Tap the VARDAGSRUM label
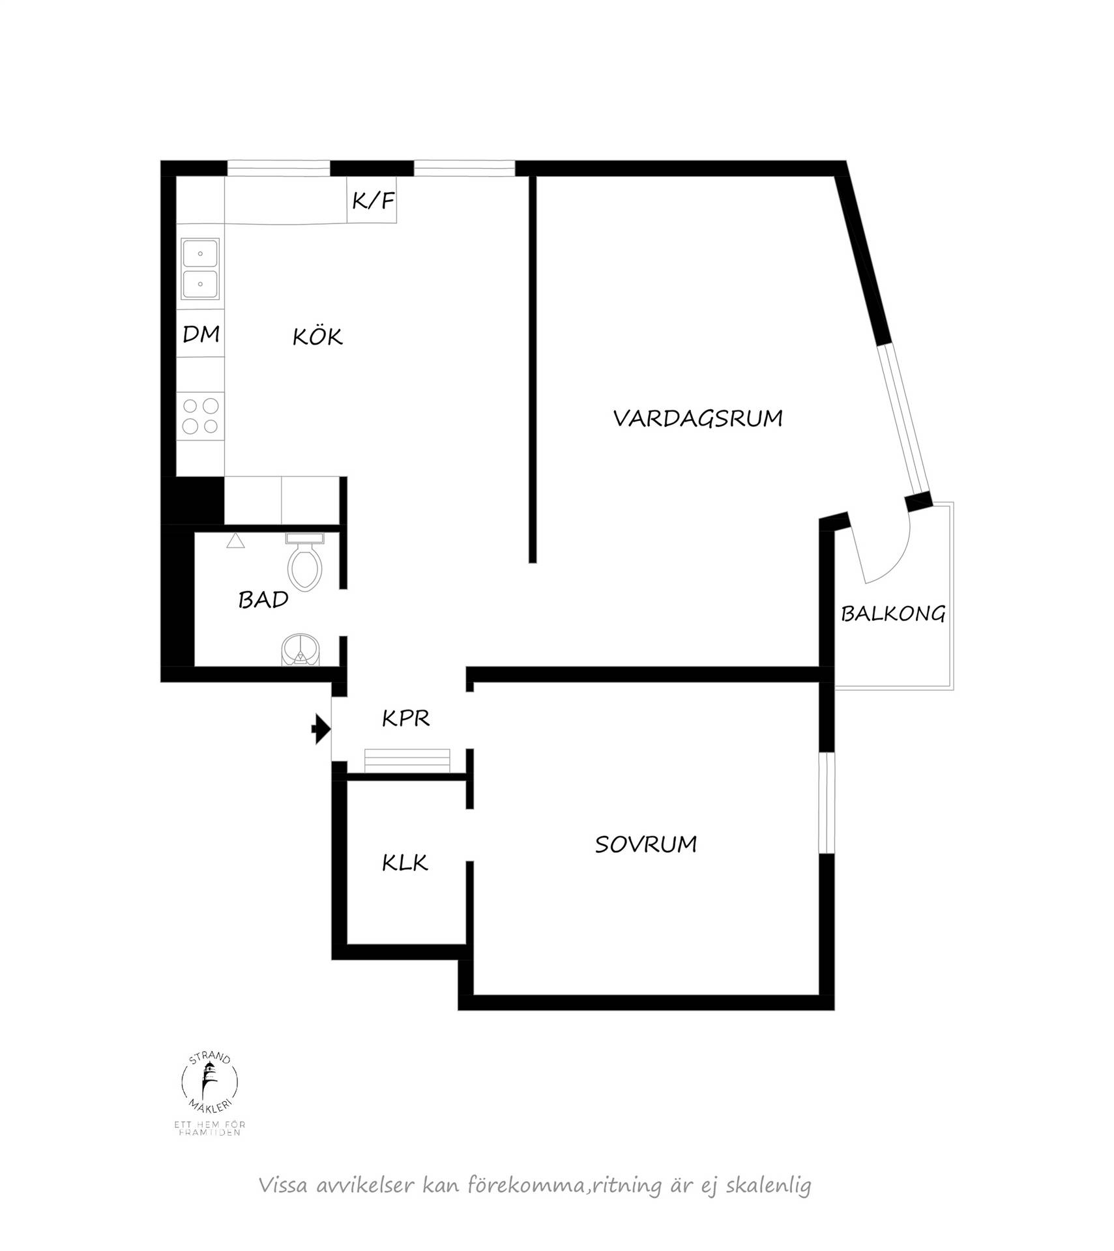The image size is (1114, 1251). point(697,418)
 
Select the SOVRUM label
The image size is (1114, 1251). point(645,844)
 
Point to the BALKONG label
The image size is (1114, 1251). point(892,613)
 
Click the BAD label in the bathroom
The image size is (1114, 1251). point(263,599)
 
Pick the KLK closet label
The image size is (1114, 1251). point(405,863)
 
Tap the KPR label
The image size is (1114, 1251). point(405,718)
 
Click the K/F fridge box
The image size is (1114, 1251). point(372,199)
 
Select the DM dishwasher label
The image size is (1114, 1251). point(201,334)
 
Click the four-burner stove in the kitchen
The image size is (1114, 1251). point(200,416)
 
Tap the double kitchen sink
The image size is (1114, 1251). point(200,268)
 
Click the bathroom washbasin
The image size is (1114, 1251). point(300,650)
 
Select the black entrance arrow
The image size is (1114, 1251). point(321,728)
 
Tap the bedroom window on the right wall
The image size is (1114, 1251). point(827,803)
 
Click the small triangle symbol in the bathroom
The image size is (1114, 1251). point(235,541)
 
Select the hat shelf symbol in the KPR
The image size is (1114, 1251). point(407,760)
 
